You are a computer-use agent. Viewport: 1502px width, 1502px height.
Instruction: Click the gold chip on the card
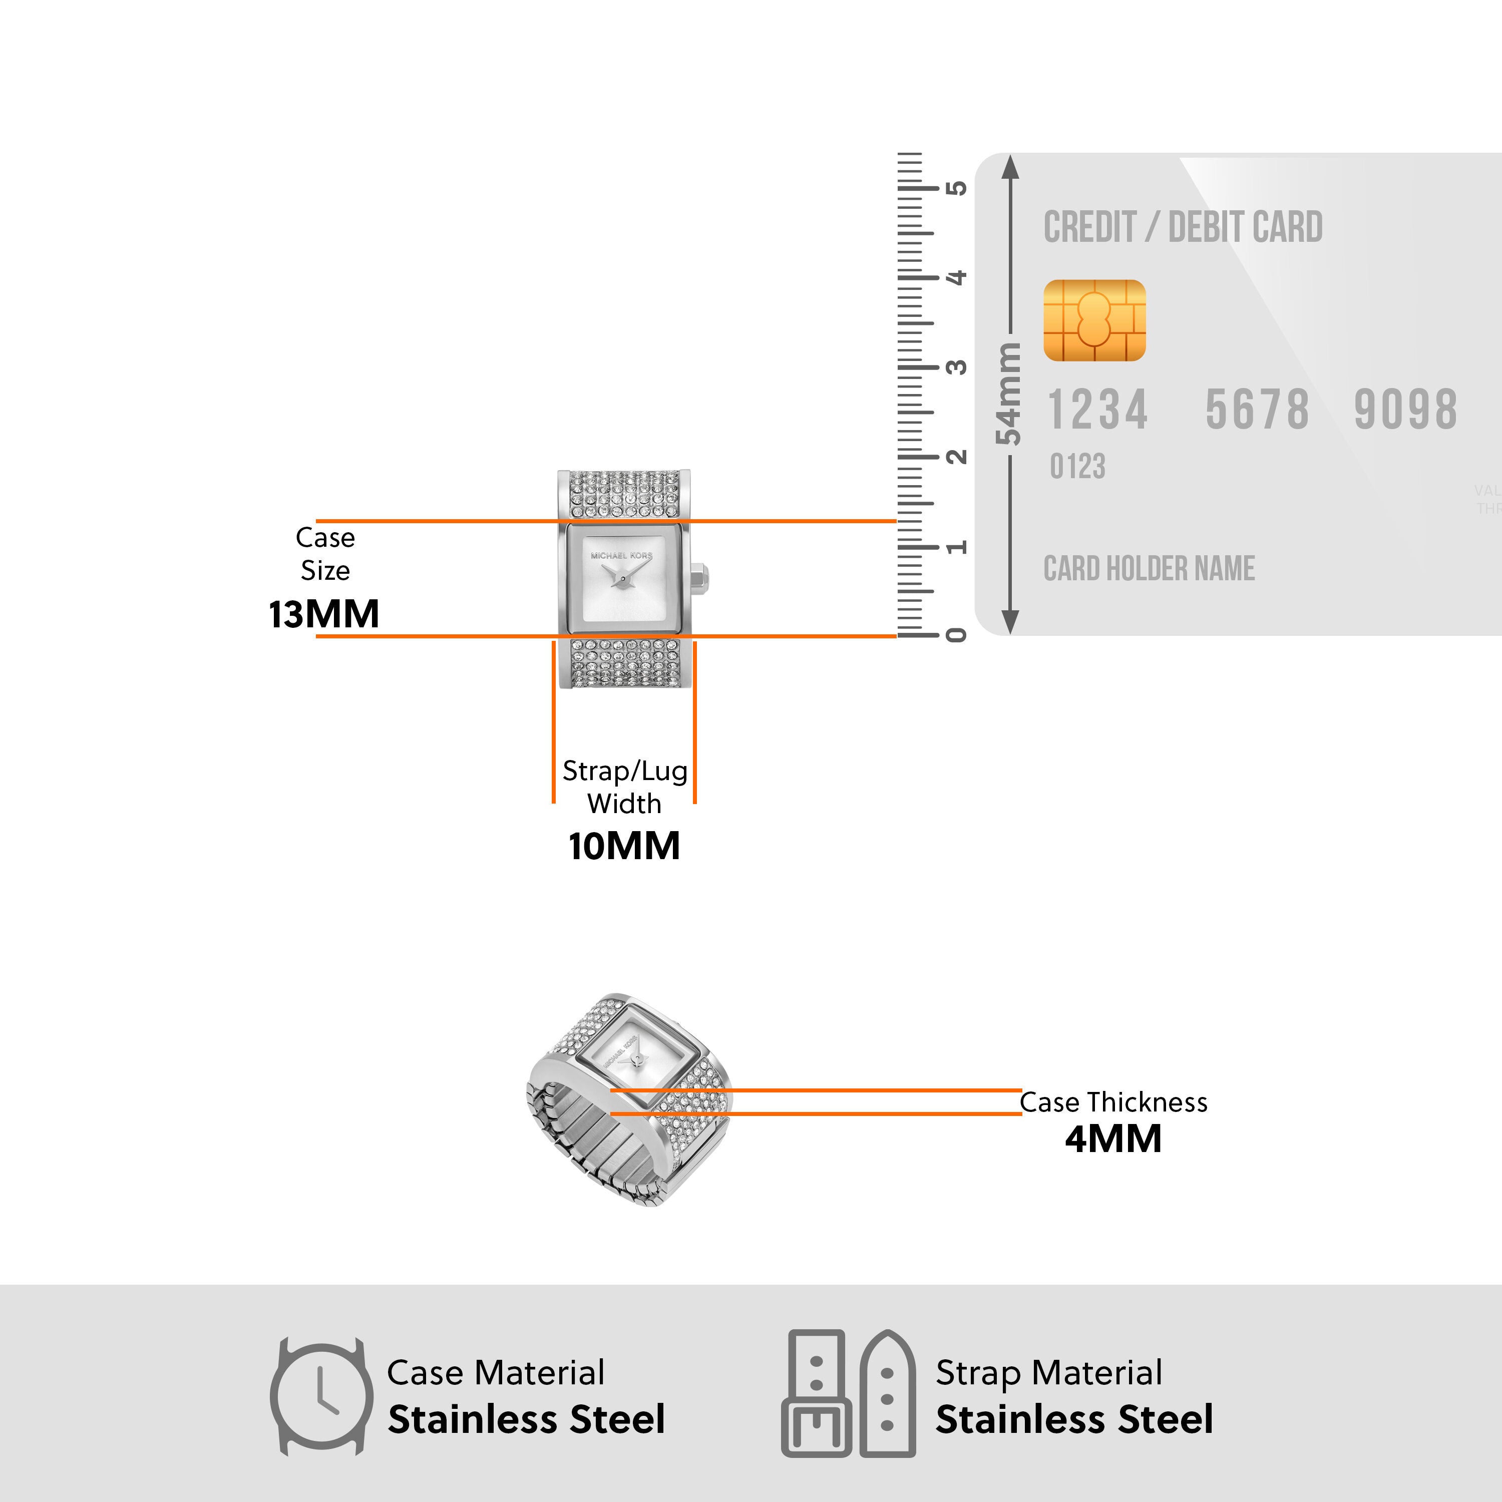(1094, 320)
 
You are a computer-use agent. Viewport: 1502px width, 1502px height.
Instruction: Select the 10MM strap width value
(623, 846)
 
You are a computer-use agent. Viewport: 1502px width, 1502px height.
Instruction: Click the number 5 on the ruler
(957, 188)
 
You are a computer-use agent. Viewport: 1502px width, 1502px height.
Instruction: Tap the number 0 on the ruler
(957, 635)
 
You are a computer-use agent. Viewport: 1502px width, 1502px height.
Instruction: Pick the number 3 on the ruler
(957, 367)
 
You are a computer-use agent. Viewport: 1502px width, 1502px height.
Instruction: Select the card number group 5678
(1256, 410)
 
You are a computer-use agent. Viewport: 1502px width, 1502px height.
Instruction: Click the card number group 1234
(1097, 410)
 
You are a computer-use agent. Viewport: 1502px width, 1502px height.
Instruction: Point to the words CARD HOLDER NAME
(1148, 568)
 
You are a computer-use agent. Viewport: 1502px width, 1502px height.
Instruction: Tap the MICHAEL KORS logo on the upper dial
(621, 556)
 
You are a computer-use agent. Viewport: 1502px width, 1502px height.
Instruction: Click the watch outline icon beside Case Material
(320, 1397)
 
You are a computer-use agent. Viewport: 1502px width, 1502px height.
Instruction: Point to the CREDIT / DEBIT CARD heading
(1183, 227)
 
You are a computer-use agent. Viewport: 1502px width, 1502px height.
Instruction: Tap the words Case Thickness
(1113, 1102)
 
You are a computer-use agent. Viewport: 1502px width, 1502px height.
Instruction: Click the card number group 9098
(1405, 410)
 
